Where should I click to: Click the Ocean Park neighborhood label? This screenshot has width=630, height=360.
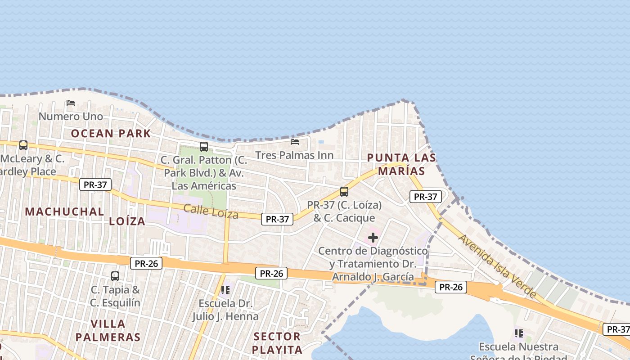click(x=111, y=133)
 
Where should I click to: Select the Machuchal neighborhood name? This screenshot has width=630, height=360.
click(x=64, y=211)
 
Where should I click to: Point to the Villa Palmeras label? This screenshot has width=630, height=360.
click(x=108, y=330)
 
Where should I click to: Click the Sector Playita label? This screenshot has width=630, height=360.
click(x=277, y=343)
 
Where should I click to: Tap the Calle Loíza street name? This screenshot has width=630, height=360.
click(x=211, y=211)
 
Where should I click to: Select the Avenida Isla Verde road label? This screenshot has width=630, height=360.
click(x=497, y=265)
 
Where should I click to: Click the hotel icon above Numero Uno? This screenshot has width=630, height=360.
click(x=71, y=103)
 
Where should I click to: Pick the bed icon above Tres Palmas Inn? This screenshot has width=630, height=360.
click(x=295, y=142)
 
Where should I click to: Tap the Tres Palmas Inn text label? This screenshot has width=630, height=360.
click(x=294, y=155)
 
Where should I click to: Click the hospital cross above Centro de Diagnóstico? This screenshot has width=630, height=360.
click(x=373, y=237)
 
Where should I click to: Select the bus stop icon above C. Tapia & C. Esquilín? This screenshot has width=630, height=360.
click(x=115, y=276)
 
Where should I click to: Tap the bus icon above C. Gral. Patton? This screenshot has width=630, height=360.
click(x=204, y=146)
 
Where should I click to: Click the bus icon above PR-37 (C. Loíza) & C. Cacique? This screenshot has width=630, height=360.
click(x=344, y=191)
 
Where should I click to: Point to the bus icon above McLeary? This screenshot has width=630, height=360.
click(x=23, y=145)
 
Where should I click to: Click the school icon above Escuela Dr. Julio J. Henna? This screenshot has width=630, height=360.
click(x=225, y=290)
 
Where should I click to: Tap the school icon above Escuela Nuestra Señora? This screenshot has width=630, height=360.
click(x=519, y=333)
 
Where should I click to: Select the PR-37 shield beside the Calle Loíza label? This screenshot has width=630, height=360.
click(x=277, y=219)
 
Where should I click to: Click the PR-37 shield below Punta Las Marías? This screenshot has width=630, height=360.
click(x=425, y=197)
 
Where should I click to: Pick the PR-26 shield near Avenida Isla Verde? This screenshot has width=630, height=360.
click(x=450, y=287)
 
